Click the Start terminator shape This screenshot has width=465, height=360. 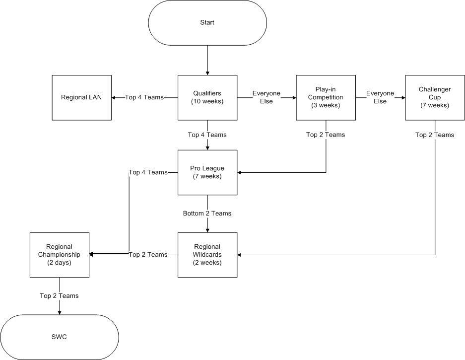click(207, 23)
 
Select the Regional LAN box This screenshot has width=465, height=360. click(82, 98)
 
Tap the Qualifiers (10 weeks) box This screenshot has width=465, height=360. click(207, 98)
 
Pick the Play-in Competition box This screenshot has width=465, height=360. click(326, 98)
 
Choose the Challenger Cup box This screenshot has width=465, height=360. click(435, 98)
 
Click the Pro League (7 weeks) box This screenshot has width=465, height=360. click(207, 172)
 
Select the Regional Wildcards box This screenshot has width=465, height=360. click(207, 255)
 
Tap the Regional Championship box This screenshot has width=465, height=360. click(60, 255)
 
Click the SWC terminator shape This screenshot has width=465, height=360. click(60, 337)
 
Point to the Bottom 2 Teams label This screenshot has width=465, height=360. click(207, 214)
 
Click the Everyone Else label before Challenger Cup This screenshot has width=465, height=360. click(380, 97)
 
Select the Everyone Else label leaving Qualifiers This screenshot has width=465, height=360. click(266, 97)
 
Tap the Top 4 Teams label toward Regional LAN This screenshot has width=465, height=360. click(144, 97)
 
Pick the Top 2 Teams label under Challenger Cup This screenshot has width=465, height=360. click(435, 135)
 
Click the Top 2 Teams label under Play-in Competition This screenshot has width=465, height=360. click(326, 135)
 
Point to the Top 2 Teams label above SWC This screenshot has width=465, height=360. click(60, 296)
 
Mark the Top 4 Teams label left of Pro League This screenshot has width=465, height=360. click(148, 172)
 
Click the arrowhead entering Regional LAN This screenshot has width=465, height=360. click(113, 98)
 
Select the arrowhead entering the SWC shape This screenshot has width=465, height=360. click(60, 313)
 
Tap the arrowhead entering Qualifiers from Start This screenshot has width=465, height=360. click(207, 73)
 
